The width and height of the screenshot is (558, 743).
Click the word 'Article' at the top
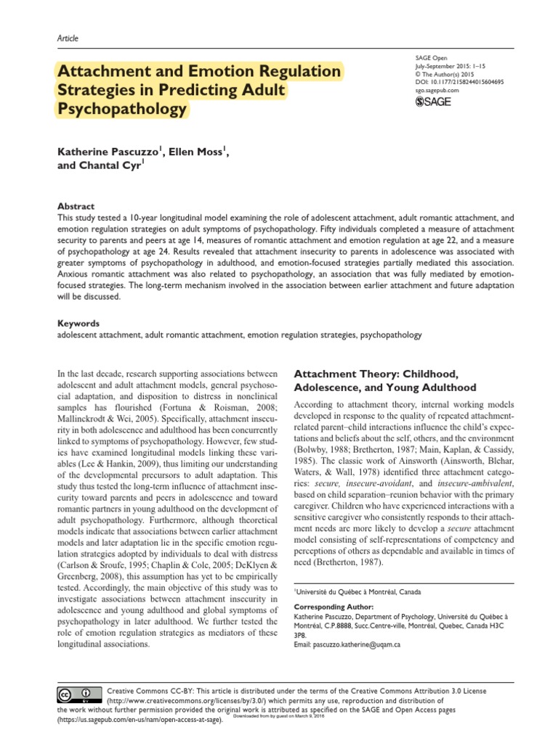click(x=68, y=38)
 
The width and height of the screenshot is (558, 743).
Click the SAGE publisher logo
click(x=432, y=102)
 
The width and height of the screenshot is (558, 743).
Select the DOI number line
click(x=458, y=82)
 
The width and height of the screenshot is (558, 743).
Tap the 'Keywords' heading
click(x=78, y=323)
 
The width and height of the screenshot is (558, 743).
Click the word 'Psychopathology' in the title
click(x=121, y=110)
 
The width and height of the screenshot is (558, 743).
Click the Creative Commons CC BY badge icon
click(x=79, y=694)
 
